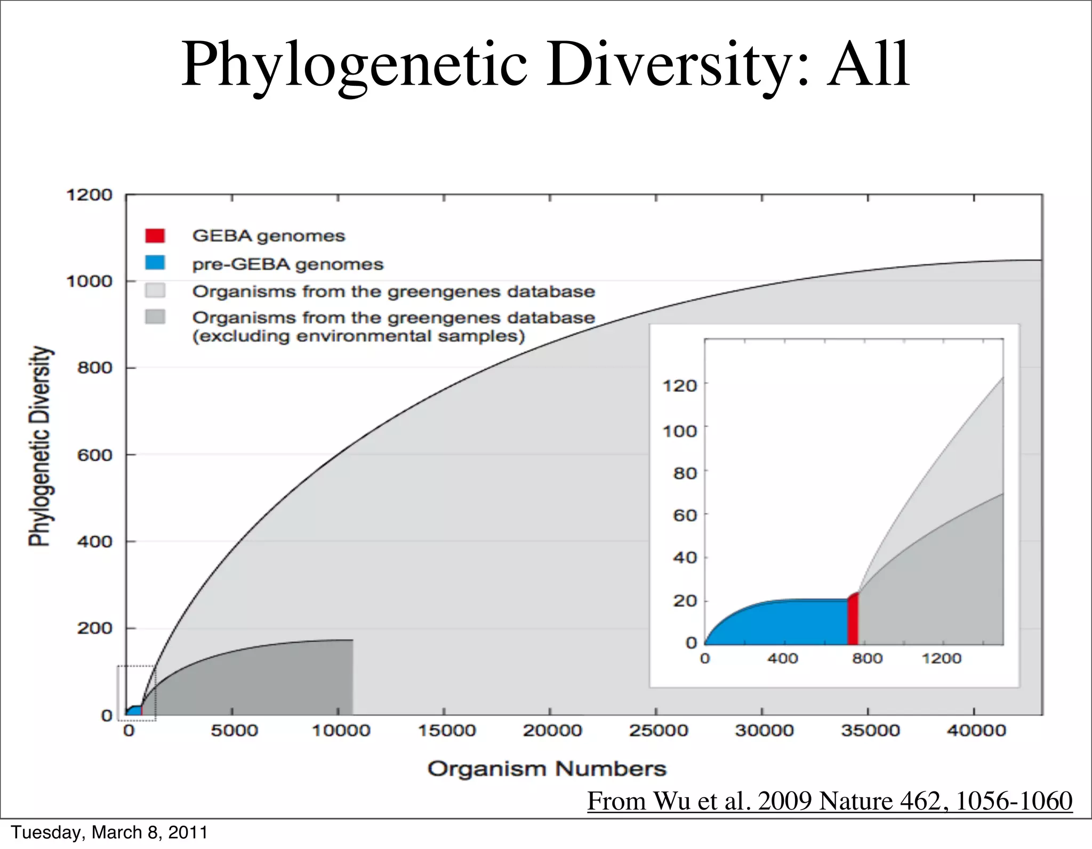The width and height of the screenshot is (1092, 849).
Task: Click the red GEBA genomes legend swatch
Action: tap(155, 236)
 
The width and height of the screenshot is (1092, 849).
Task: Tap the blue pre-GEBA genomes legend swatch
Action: tap(155, 263)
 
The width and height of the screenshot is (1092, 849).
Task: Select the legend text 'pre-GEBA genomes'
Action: tap(287, 264)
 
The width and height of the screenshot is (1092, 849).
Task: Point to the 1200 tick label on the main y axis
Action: tap(89, 195)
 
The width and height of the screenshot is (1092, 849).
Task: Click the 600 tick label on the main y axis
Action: tap(94, 455)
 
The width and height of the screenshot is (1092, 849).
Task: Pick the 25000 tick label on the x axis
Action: tap(658, 730)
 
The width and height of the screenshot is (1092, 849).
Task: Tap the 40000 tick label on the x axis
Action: tap(976, 730)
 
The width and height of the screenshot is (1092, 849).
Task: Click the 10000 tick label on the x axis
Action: tap(340, 730)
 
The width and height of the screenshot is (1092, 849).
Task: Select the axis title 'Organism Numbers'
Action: tap(547, 769)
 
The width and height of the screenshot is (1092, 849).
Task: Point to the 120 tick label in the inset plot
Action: tap(680, 385)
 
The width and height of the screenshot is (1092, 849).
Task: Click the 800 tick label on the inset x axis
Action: tap(867, 659)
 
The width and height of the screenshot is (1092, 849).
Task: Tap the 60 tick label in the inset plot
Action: tap(685, 515)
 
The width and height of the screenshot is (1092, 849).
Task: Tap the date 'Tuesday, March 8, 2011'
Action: tap(109, 832)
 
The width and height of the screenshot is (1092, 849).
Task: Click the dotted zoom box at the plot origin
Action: tap(136, 693)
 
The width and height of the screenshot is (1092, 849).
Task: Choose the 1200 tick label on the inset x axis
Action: tap(942, 659)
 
